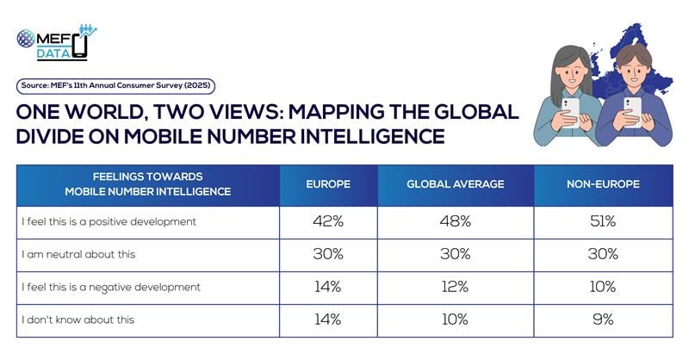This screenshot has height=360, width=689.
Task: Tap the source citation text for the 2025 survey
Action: [115, 85]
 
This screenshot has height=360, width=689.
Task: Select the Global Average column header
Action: [454, 184]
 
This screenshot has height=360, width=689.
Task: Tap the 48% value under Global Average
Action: [454, 221]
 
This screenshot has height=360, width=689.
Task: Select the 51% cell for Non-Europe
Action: [602, 221]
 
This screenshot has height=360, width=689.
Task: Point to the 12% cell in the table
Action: [454, 286]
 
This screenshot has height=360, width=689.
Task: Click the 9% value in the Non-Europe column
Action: [602, 319]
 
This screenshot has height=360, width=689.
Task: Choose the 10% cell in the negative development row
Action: [602, 286]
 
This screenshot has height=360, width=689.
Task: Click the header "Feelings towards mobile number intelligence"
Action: [149, 184]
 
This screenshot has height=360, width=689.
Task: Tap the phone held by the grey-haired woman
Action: [570, 108]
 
